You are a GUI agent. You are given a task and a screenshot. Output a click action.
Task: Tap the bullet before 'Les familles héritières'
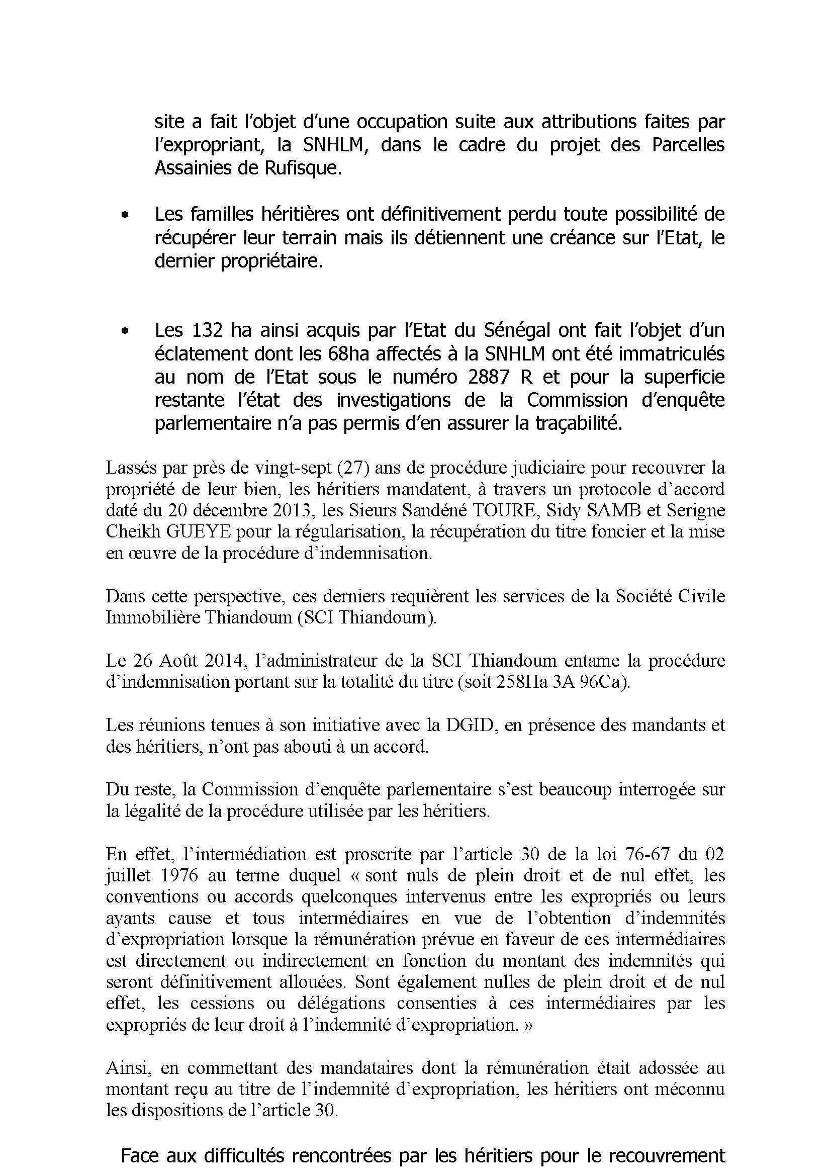(124, 216)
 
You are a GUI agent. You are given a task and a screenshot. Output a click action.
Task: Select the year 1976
(179, 875)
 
